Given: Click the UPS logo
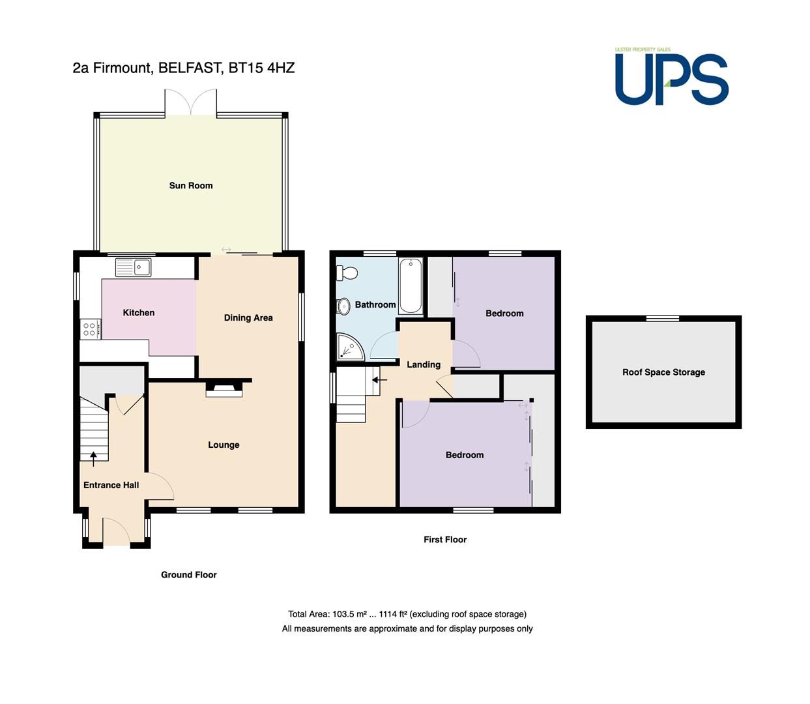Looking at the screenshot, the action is (x=671, y=77).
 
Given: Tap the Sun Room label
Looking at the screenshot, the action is (x=191, y=186).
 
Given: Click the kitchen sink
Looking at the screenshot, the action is (x=133, y=267).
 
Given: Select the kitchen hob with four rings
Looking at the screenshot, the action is (x=91, y=329).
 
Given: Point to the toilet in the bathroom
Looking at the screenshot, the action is (x=347, y=273).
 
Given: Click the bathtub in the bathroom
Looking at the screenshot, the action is (x=411, y=286).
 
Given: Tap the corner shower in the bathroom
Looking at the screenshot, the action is (x=350, y=347).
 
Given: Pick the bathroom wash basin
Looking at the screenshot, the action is (x=343, y=306).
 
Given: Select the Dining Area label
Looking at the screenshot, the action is (x=248, y=317).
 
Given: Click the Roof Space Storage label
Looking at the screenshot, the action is (x=663, y=372).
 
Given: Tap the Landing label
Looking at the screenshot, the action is (x=424, y=364).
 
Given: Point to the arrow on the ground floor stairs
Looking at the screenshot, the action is (x=93, y=459).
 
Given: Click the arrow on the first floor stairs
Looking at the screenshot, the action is (x=380, y=381).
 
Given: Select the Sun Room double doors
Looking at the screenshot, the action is (x=191, y=102).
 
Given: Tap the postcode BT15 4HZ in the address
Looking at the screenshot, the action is (x=262, y=68).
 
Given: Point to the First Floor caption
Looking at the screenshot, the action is (x=445, y=540).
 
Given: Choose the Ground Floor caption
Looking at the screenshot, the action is (x=189, y=575).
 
